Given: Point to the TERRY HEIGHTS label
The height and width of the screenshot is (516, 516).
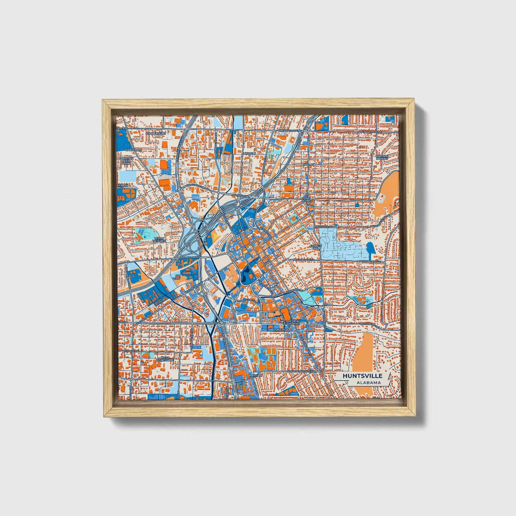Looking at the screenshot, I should (159, 240).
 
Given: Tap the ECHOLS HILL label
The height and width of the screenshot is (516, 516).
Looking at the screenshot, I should (316, 247).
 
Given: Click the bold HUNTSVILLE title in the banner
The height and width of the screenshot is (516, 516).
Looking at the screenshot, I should (362, 376).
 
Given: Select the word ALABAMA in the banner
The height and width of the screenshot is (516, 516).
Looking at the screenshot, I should (368, 383).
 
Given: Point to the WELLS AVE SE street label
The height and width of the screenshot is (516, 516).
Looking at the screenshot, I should (323, 226).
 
